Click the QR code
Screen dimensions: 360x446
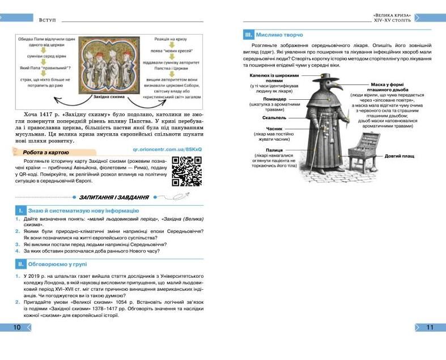pyautogui.click(x=186, y=171)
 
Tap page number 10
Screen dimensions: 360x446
pyautogui.click(x=17, y=327)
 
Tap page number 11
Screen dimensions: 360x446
pyautogui.click(x=429, y=327)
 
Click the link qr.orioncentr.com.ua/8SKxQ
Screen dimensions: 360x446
pyautogui.click(x=167, y=149)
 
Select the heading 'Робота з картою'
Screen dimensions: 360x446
pyautogui.click(x=46, y=152)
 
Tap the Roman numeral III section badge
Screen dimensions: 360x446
pyautogui.click(x=248, y=34)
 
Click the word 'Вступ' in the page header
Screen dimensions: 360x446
pyautogui.click(x=46, y=20)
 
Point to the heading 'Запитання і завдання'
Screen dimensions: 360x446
pyautogui.click(x=115, y=197)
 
